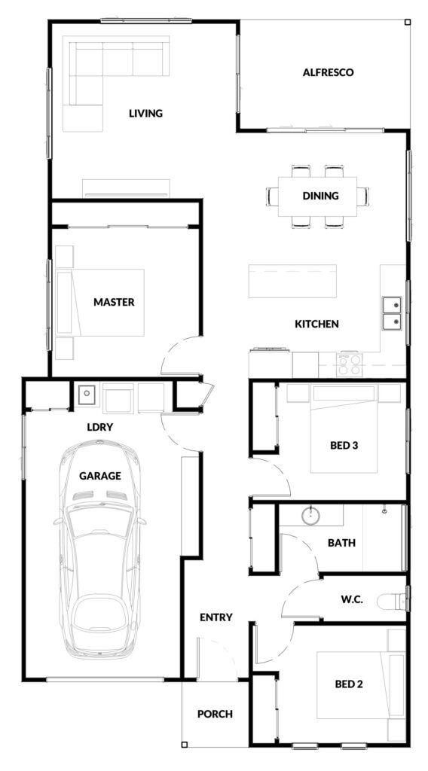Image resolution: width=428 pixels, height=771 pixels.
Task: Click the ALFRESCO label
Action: [x=328, y=73]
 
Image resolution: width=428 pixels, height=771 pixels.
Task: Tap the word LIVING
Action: [x=145, y=114]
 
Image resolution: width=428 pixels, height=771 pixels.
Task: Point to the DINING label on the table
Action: [x=321, y=196]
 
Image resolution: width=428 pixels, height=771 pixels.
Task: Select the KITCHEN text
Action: [x=316, y=324]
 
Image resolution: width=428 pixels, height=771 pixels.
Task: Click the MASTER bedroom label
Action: [x=114, y=302]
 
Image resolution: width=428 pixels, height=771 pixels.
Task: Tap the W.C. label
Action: [x=352, y=600]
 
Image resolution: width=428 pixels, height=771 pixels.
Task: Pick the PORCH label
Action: [x=215, y=714]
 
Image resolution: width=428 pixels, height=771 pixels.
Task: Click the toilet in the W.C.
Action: [x=392, y=600]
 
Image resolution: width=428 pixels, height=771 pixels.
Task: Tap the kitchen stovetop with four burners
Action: [x=350, y=365]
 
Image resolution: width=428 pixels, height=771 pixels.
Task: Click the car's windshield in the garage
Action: [x=100, y=522]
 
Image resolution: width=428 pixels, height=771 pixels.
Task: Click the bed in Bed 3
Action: [x=344, y=428]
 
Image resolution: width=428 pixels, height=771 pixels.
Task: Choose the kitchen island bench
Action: [x=292, y=282]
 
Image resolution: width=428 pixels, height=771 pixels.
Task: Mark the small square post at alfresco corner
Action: [x=408, y=22]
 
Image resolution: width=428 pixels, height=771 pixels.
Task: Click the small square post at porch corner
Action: [x=184, y=744]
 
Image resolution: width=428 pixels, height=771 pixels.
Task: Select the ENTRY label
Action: [x=216, y=617]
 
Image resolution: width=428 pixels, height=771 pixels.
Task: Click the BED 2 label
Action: [x=349, y=684]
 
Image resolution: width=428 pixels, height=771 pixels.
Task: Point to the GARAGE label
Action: [x=100, y=476]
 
